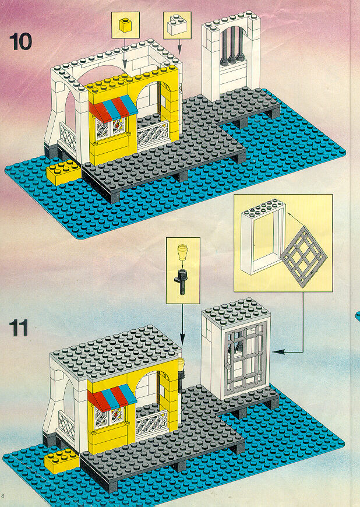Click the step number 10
click(x=21, y=42)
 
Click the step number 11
click(x=19, y=328)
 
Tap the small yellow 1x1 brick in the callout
click(x=125, y=25)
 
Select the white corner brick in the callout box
click(x=177, y=25)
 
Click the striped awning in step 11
click(x=112, y=397)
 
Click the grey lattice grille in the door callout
click(x=303, y=257)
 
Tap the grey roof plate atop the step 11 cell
click(x=236, y=311)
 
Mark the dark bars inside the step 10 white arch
click(x=232, y=45)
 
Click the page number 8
click(x=2, y=496)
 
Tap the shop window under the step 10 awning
click(x=110, y=128)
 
